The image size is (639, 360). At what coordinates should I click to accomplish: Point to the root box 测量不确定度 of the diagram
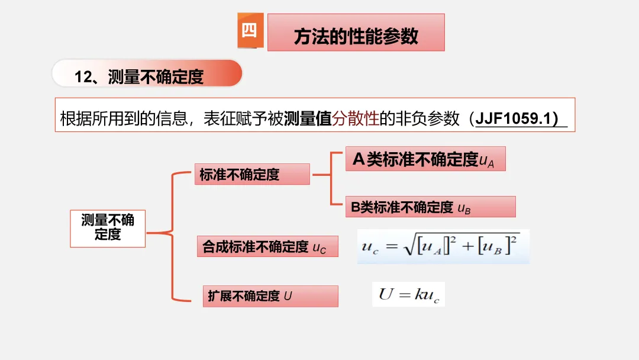pos(108,228)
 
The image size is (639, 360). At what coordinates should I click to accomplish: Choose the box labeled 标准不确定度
pos(252,175)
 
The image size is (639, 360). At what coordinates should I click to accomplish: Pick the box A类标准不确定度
pos(425,159)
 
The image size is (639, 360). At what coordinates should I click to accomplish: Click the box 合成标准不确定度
pos(267,247)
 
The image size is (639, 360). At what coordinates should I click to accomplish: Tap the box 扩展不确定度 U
pos(267,296)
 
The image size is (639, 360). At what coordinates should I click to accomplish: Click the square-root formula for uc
pos(443,246)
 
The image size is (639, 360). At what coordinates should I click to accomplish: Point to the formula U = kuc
pos(408,294)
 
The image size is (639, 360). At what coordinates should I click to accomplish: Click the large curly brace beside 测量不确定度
pos(172,234)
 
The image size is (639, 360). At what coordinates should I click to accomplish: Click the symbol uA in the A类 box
pos(487,160)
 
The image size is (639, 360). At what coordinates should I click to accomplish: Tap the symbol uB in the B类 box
pos(464,208)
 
